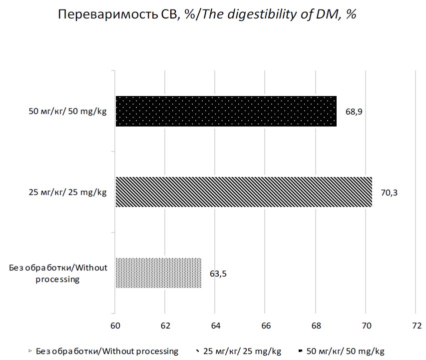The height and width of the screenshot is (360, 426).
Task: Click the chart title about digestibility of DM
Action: (207, 15)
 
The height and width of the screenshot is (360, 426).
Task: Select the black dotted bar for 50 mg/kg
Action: (226, 111)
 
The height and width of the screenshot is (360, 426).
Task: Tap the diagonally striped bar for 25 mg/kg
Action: (244, 192)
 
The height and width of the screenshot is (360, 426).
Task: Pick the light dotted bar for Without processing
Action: (158, 273)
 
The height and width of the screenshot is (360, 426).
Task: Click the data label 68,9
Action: (354, 111)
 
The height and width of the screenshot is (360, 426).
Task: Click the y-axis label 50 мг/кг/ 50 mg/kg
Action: (68, 111)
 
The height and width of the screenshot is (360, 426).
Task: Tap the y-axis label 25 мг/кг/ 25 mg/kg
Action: (68, 192)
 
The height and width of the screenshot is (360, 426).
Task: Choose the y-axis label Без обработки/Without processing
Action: (58, 273)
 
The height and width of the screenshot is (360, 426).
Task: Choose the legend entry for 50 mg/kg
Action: (342, 351)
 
